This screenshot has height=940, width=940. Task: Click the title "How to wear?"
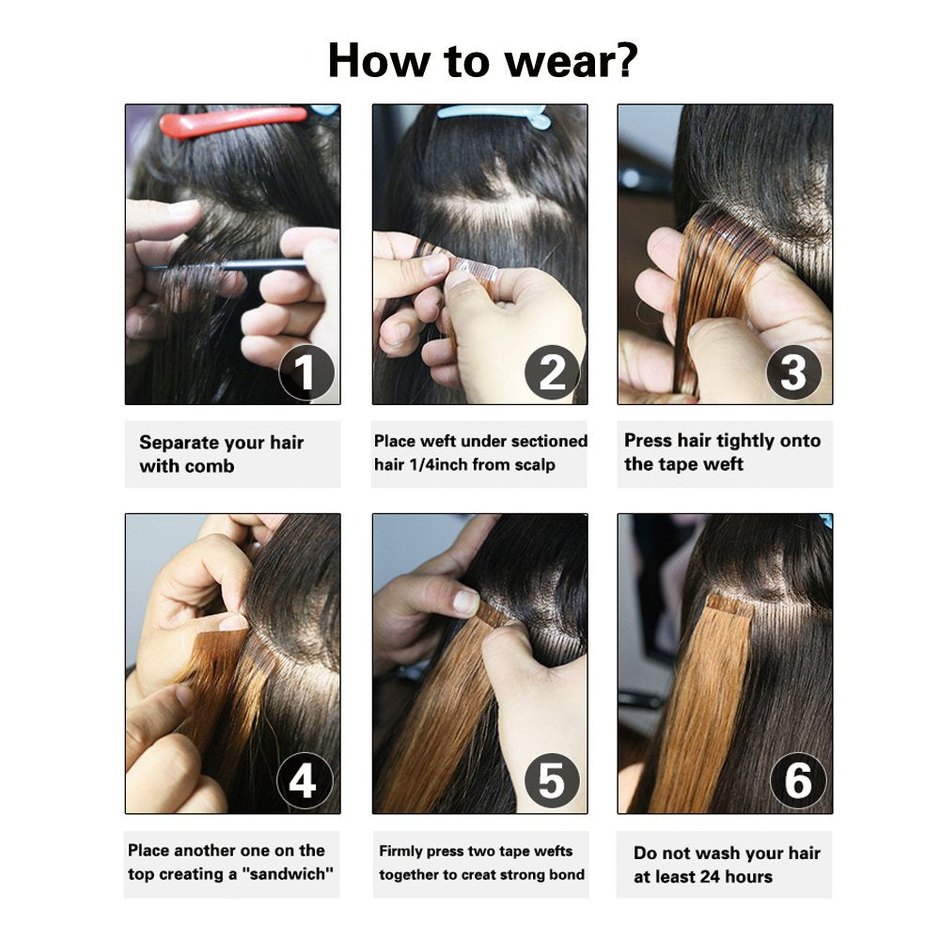coord(482,59)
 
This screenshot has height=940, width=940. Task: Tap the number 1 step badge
coord(305,373)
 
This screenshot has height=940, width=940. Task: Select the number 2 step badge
coord(553,373)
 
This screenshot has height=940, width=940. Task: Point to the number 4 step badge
coord(304,782)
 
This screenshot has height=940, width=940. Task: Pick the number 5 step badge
coord(551,782)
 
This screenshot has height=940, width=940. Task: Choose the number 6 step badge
coord(797,782)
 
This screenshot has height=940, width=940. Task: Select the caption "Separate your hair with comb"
coord(222,454)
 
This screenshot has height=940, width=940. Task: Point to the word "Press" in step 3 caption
coord(648,441)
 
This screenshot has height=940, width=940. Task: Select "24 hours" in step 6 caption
coord(726,877)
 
